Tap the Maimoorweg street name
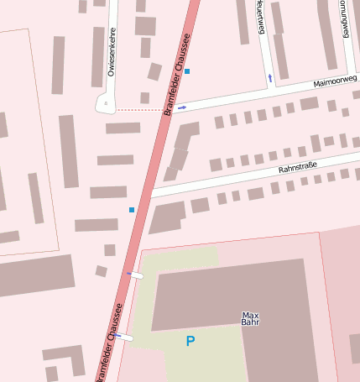coord(335,81)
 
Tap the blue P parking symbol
coord(190,341)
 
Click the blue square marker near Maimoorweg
coord(187,71)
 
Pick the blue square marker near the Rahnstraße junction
coord(132,209)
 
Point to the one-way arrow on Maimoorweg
coord(182,107)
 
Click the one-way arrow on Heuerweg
coord(269,78)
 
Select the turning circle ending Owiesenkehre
coord(107,104)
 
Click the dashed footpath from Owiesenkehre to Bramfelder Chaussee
coord(138,110)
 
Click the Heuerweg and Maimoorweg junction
coord(269,90)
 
